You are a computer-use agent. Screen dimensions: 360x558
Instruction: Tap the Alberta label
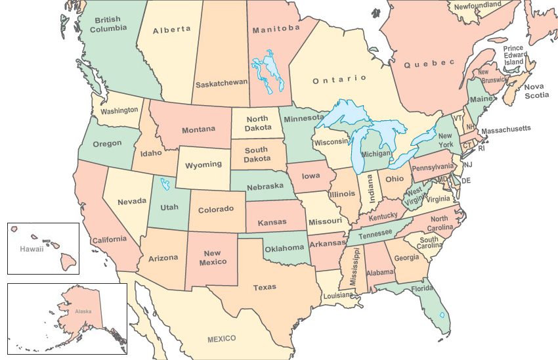pyautogui.click(x=171, y=29)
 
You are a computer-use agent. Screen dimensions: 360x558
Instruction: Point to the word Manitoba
pyautogui.click(x=276, y=29)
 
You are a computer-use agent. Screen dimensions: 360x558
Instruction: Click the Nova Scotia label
pyautogui.click(x=532, y=91)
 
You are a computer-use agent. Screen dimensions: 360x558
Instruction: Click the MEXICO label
pyautogui.click(x=221, y=338)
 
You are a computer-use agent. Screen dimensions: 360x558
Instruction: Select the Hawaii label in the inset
pyautogui.click(x=31, y=249)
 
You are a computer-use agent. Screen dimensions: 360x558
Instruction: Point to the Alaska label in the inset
pyautogui.click(x=83, y=311)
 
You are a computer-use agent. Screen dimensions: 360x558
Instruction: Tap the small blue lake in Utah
pyautogui.click(x=164, y=185)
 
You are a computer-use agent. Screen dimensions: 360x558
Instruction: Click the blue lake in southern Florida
pyautogui.click(x=442, y=315)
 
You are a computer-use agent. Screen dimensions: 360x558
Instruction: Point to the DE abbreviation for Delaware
pyautogui.click(x=467, y=180)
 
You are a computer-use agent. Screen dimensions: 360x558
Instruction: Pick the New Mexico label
pyautogui.click(x=212, y=258)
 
